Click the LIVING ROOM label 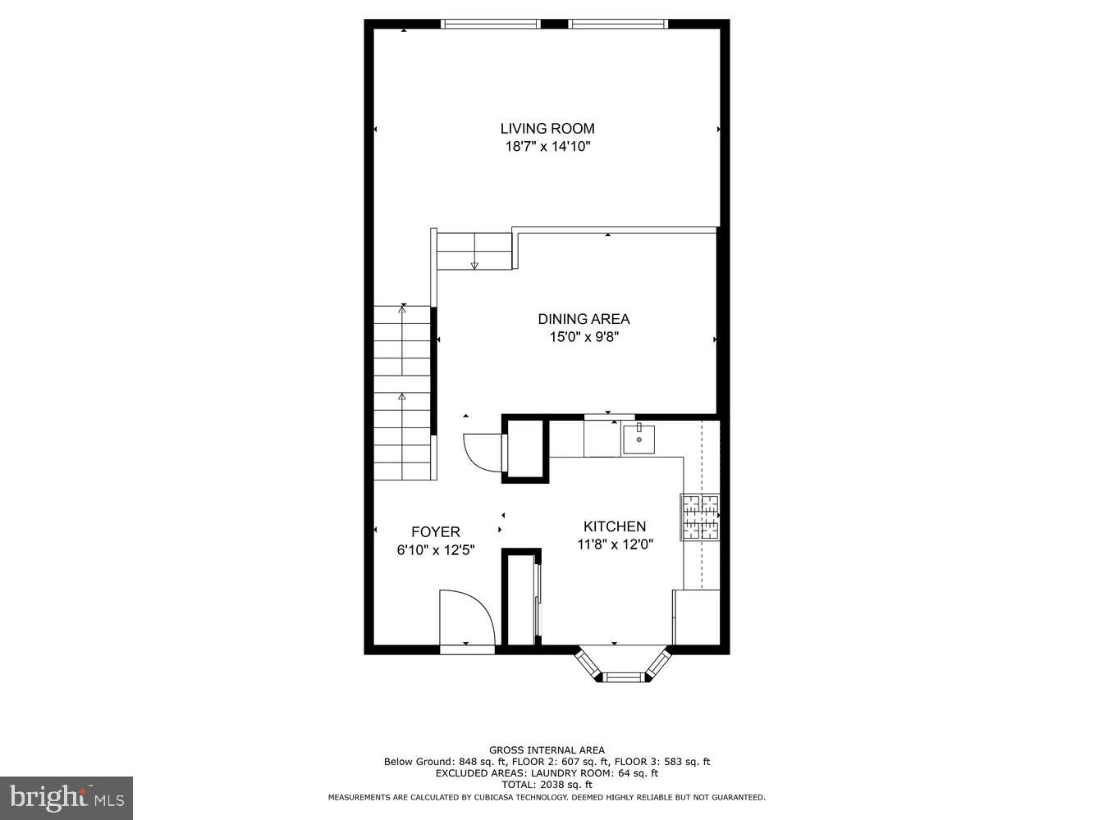(547, 128)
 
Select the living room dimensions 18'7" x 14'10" (547, 147)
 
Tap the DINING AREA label (584, 319)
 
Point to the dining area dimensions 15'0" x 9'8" (584, 337)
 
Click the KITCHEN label (615, 526)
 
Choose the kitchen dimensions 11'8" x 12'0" (615, 544)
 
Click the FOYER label (436, 532)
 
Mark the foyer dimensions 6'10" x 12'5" (436, 550)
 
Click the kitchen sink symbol (639, 439)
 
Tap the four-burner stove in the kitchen (700, 517)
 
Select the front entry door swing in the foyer (465, 619)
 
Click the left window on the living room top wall (491, 24)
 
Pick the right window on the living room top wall (619, 24)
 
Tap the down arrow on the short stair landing (474, 265)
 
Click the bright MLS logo (66, 797)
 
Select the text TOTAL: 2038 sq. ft (547, 785)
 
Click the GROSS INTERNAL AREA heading (547, 749)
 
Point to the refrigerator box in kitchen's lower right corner (696, 617)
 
